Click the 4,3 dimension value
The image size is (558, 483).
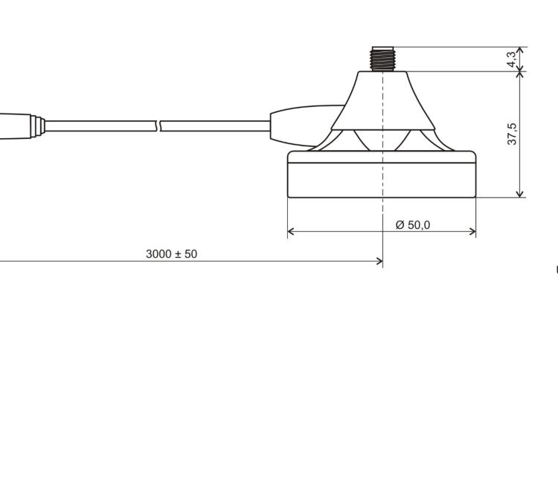tap(512, 59)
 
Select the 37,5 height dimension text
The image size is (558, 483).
tap(512, 134)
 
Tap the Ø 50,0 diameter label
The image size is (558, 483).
tap(413, 224)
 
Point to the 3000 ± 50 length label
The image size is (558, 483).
tap(172, 254)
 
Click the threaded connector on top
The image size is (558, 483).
tap(382, 59)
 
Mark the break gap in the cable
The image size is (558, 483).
tap(158, 126)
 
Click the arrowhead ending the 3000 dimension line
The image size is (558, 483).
tap(379, 261)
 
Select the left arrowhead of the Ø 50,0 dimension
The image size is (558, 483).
tap(291, 232)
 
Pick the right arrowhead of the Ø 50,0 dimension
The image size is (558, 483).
tap(472, 232)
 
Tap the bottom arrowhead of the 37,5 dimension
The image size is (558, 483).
tap(520, 193)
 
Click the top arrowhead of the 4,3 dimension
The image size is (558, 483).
tap(520, 51)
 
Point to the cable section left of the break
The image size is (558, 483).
tap(100, 126)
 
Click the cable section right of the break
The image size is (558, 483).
tap(216, 126)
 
